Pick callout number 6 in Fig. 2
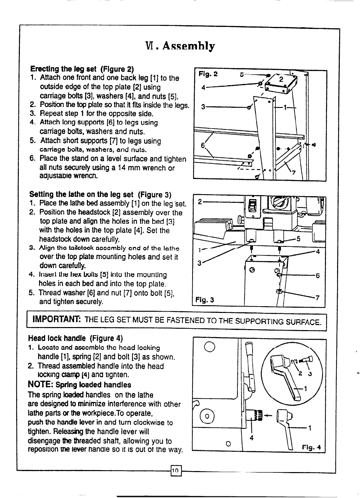point(203,145)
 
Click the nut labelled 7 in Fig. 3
point(279,291)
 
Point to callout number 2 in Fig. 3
point(200,202)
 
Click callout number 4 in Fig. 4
point(251,438)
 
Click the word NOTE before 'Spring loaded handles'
point(40,384)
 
